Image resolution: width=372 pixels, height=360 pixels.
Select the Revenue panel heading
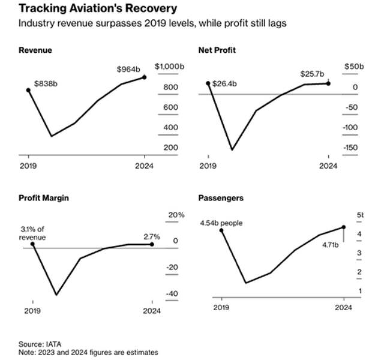tap(35, 50)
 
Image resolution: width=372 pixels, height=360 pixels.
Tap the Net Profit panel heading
tap(217, 50)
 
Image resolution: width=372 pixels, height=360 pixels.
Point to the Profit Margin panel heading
tap(44, 198)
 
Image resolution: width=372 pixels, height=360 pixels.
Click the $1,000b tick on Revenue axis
tap(167, 67)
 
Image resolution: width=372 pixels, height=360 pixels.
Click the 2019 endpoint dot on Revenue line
tap(28, 91)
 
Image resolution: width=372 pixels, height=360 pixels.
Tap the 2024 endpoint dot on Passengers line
tap(344, 227)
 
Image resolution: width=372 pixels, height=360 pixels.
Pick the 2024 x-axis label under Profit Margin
tap(153, 311)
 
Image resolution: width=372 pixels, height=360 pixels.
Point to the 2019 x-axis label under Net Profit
tap(208, 165)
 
